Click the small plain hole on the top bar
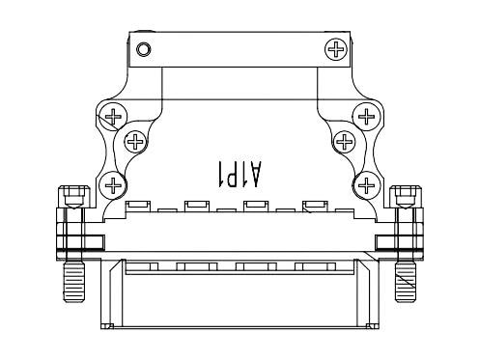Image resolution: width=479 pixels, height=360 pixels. (x=144, y=48)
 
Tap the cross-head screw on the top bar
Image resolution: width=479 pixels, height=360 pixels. (x=336, y=48)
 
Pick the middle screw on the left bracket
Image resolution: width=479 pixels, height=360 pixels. (x=133, y=145)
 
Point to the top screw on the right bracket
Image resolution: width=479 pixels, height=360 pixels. (x=365, y=118)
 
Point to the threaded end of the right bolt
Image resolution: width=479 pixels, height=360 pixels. (x=406, y=281)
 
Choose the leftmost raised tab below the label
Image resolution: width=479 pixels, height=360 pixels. (x=138, y=206)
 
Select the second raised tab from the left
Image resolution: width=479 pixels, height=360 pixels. (x=197, y=206)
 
